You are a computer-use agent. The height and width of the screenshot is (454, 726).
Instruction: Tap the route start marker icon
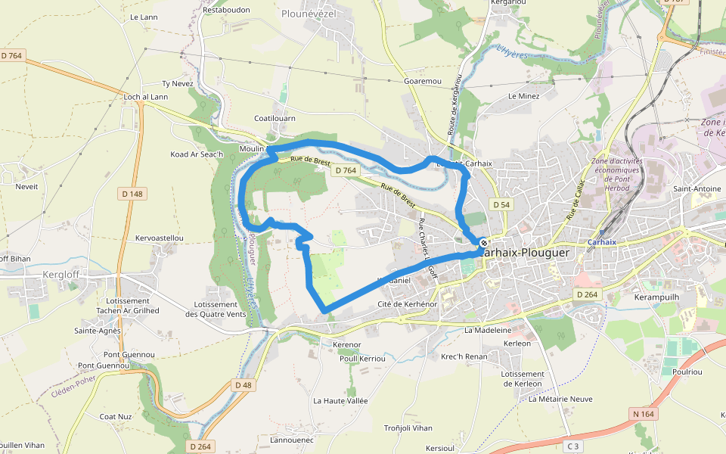[x=483, y=243]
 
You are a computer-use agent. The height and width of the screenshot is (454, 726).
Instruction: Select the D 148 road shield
[x=132, y=194]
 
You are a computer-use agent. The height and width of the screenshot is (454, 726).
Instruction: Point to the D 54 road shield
[x=501, y=205]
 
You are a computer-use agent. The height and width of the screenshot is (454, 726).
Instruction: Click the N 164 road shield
[x=644, y=414]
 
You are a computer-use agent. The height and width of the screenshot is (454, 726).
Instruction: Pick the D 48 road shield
[x=243, y=385]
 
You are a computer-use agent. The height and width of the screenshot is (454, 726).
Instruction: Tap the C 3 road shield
[x=572, y=446]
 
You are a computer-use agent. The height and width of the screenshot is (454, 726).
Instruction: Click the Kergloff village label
[x=62, y=274]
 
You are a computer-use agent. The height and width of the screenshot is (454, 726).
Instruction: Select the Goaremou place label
[x=422, y=81]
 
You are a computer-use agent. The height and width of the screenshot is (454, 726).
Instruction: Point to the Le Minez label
[x=524, y=96]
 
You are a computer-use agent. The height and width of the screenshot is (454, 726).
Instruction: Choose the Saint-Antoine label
[x=697, y=189]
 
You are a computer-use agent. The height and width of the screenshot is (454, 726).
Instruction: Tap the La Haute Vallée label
[x=340, y=400]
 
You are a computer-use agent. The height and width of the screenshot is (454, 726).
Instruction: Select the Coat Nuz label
[x=116, y=416]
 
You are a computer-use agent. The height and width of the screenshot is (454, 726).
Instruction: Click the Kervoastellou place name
[x=159, y=238]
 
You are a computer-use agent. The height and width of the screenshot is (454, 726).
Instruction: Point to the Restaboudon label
[x=227, y=10]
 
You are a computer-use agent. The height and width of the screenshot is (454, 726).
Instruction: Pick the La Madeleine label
[x=489, y=330]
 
